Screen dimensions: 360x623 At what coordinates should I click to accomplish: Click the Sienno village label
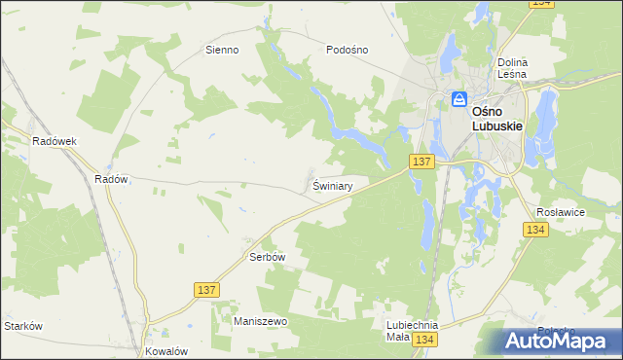(221, 50)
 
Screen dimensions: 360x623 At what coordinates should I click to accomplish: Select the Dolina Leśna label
(511, 67)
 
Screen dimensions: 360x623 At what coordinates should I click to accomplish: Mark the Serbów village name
(267, 257)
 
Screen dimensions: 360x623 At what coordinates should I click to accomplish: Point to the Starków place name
(23, 326)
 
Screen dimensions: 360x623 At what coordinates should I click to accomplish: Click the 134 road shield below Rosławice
(534, 230)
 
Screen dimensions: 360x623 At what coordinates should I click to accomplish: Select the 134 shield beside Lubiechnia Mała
(423, 340)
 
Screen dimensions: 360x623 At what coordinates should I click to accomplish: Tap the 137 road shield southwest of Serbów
(206, 290)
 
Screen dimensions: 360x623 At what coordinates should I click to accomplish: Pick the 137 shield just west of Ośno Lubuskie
(421, 160)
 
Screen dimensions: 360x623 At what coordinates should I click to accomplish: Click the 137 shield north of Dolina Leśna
(541, 5)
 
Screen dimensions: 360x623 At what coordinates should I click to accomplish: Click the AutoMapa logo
(559, 340)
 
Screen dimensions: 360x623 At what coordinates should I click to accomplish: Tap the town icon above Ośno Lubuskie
(458, 99)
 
